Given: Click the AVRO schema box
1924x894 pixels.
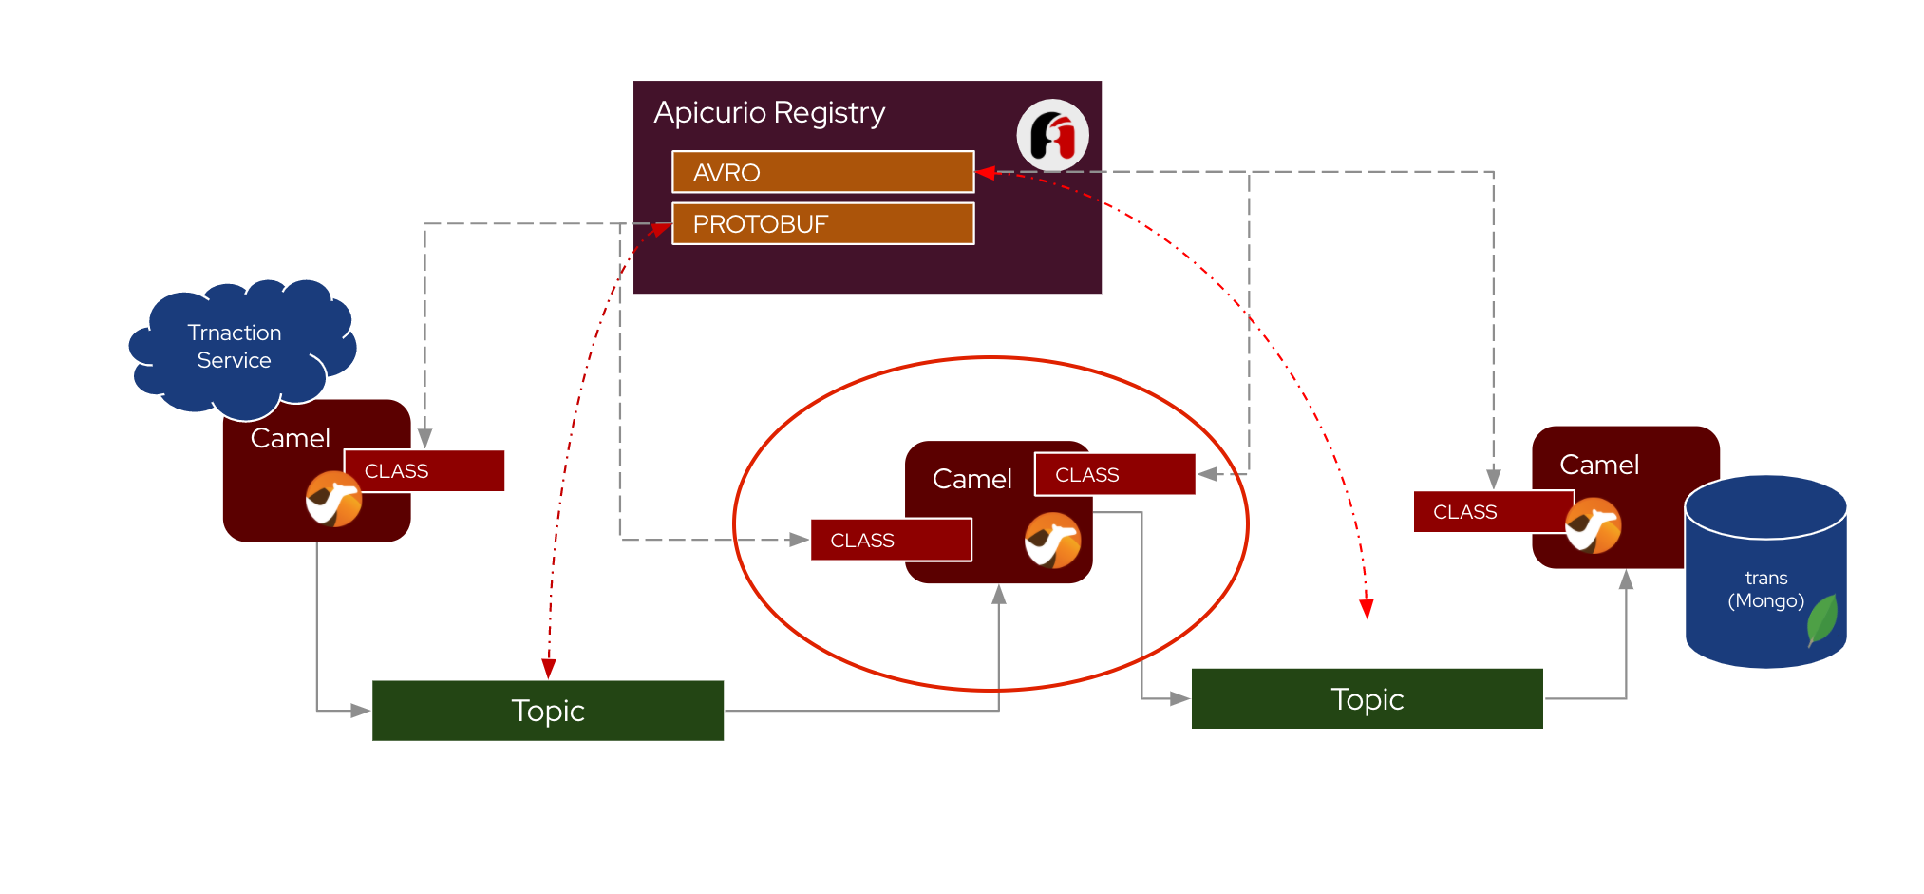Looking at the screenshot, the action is pyautogui.click(x=822, y=172).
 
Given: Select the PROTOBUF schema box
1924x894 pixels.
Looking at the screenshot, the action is pyautogui.click(x=822, y=223).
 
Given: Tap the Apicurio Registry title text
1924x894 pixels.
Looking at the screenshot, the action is pyautogui.click(x=769, y=113).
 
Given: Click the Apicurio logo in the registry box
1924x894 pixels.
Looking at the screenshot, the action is pyautogui.click(x=1052, y=135).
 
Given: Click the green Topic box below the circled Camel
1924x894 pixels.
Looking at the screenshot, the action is pyautogui.click(x=548, y=711).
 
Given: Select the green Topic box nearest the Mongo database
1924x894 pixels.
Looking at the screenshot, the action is pyautogui.click(x=1367, y=699).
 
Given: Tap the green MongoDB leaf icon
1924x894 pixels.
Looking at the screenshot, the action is pyautogui.click(x=1822, y=619).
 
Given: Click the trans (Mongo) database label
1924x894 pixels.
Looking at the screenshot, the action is pyautogui.click(x=1765, y=589).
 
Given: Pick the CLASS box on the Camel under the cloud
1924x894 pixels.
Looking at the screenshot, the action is pyautogui.click(x=424, y=470).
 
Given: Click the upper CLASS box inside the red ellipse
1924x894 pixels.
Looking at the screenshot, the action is pyautogui.click(x=1114, y=474).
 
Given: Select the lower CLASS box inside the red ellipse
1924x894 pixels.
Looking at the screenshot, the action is pyautogui.click(x=891, y=540).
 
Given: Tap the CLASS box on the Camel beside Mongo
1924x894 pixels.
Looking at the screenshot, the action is pyautogui.click(x=1494, y=512).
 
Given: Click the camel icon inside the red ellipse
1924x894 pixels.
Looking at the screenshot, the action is pyautogui.click(x=1052, y=541).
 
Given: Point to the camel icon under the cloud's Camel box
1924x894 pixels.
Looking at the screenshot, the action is pyautogui.click(x=333, y=499).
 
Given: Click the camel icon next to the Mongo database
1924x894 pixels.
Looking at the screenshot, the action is pyautogui.click(x=1593, y=525).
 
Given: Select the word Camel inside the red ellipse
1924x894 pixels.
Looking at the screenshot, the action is pyautogui.click(x=971, y=479).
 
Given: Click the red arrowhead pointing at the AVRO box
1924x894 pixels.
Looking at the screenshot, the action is pyautogui.click(x=985, y=173).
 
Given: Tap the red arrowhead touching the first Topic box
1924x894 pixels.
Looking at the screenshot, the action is pyautogui.click(x=548, y=670).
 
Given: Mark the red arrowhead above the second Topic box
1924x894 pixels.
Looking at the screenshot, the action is pyautogui.click(x=1367, y=609).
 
